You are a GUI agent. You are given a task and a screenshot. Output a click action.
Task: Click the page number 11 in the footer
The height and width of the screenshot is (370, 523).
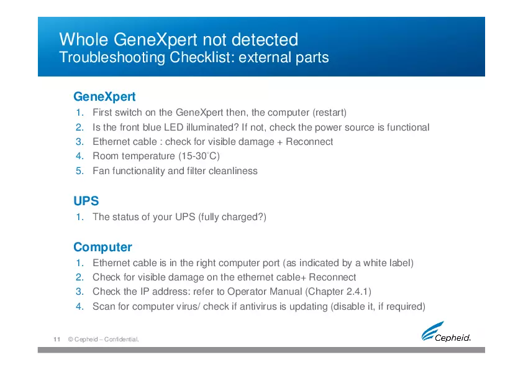56,340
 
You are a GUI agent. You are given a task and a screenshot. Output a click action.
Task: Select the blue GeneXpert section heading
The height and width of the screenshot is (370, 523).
104,97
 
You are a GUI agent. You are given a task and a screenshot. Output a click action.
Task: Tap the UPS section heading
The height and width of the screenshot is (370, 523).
86,201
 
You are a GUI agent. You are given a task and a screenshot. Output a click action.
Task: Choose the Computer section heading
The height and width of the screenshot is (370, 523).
102,247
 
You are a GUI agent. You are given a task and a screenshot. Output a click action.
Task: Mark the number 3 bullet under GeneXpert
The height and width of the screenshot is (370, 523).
80,142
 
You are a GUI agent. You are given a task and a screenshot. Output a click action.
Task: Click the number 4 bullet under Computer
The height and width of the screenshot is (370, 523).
80,307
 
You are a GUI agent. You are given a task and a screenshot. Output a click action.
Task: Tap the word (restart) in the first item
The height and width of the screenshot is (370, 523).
329,113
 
